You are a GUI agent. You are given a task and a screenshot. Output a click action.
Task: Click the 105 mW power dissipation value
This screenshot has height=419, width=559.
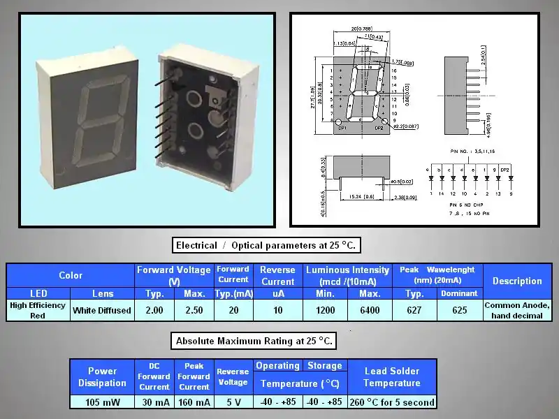pos(103,402)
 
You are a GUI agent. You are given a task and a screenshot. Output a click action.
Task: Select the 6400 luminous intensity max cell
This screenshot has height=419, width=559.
pos(370,310)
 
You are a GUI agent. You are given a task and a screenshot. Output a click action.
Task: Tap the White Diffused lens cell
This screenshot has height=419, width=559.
pos(102,310)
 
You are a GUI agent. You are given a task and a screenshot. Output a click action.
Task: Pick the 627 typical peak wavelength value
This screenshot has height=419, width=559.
pos(414,310)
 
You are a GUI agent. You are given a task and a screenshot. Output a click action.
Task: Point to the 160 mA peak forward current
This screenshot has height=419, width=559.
pos(194,402)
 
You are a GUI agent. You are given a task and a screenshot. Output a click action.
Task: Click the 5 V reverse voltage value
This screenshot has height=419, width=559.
pos(233,402)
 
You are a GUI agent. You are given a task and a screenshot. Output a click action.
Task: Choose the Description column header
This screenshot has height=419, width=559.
pos(517,281)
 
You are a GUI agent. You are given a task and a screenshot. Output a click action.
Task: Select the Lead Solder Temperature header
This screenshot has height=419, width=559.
pos(391,376)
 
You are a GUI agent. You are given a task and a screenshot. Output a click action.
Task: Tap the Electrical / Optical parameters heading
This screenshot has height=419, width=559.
pos(266,245)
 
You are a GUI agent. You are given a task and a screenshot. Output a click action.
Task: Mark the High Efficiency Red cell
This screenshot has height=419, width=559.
pos(38,310)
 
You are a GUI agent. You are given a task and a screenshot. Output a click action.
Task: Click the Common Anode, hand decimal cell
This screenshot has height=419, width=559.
pos(517,310)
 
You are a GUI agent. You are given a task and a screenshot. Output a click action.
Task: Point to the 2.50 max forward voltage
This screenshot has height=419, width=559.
pos(194,310)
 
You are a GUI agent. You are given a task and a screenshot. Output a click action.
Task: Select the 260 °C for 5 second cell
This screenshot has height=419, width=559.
pos(391,402)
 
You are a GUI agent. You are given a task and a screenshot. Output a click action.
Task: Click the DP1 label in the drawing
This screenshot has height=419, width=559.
pos(342,128)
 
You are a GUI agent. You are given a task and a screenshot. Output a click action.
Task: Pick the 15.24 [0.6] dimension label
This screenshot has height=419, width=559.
pos(361,197)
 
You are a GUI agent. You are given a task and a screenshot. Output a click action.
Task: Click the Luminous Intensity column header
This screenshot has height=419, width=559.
pos(347,274)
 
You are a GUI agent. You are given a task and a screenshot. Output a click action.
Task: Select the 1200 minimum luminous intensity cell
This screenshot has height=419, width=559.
pos(325,310)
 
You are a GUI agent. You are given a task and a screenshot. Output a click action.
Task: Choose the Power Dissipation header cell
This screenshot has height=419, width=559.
pos(103,376)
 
